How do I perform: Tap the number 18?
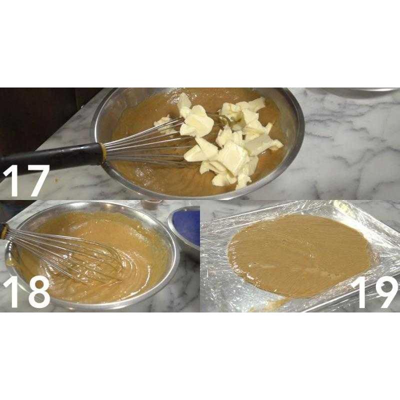pos(26,292)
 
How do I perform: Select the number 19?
pos(374,292)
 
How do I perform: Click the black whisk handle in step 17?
pos(50,156)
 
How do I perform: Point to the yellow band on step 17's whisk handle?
pos(103,152)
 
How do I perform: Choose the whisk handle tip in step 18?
pos(4,231)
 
